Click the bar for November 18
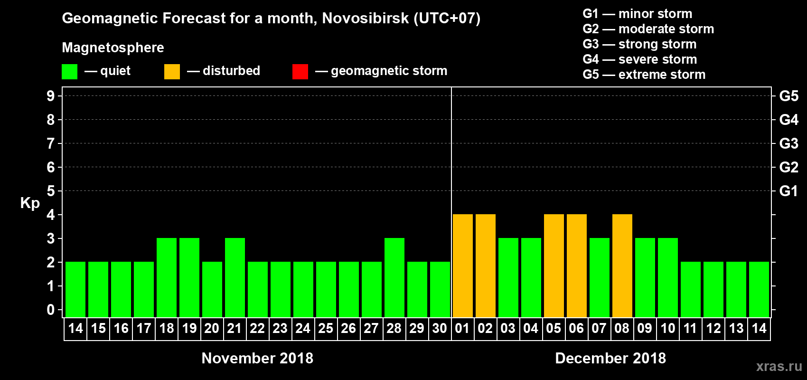pos(167,277)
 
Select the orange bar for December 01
pos(463,266)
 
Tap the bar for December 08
pos(622,266)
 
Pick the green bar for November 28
pos(394,277)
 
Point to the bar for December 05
pos(554,266)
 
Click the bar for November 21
pos(235,277)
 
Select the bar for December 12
pos(713,289)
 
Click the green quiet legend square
pos(70,72)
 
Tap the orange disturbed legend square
pos(172,72)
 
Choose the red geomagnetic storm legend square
pos(300,72)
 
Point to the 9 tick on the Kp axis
pos(51,96)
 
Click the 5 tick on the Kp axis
pos(51,191)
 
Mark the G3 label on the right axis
pos(788,143)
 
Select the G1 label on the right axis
pos(788,191)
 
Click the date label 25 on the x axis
pos(326,328)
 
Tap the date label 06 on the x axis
pos(576,328)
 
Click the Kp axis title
pos(30,203)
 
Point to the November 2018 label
pos(257,358)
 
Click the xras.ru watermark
pos(779,366)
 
